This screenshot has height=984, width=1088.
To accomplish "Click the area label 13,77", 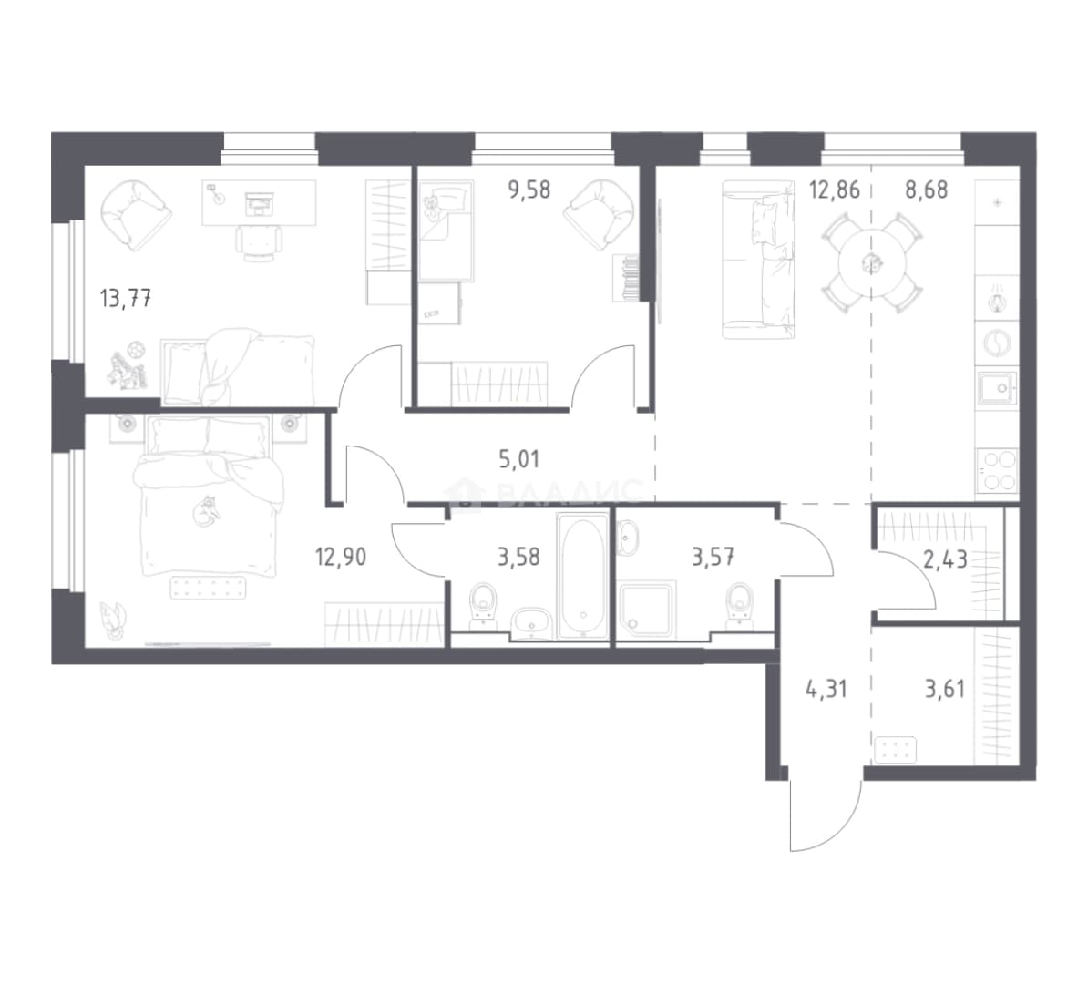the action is [126, 299].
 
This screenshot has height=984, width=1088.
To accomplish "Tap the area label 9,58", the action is [529, 190].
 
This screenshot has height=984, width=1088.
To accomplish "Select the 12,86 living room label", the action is [834, 190].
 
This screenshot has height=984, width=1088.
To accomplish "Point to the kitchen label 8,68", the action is [927, 190].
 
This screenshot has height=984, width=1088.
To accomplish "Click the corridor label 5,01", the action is [519, 458].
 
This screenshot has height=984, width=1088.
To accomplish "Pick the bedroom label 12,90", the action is [341, 557].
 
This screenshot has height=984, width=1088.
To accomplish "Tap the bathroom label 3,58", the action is [519, 557].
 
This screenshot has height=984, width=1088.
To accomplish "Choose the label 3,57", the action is [713, 557].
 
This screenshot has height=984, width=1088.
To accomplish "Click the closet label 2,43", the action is [945, 559].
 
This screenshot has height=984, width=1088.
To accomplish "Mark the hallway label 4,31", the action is [826, 689].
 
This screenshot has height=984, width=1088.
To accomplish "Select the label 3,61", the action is [945, 689].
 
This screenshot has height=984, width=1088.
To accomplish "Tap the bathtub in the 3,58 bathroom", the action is [583, 575].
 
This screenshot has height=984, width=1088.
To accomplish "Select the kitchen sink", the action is [998, 388].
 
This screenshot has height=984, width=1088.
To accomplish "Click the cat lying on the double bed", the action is [207, 511].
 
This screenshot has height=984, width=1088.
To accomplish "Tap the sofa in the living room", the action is [757, 260].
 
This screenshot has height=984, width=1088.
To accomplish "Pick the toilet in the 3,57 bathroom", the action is [740, 607].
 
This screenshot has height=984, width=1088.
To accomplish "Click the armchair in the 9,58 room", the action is [599, 214].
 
